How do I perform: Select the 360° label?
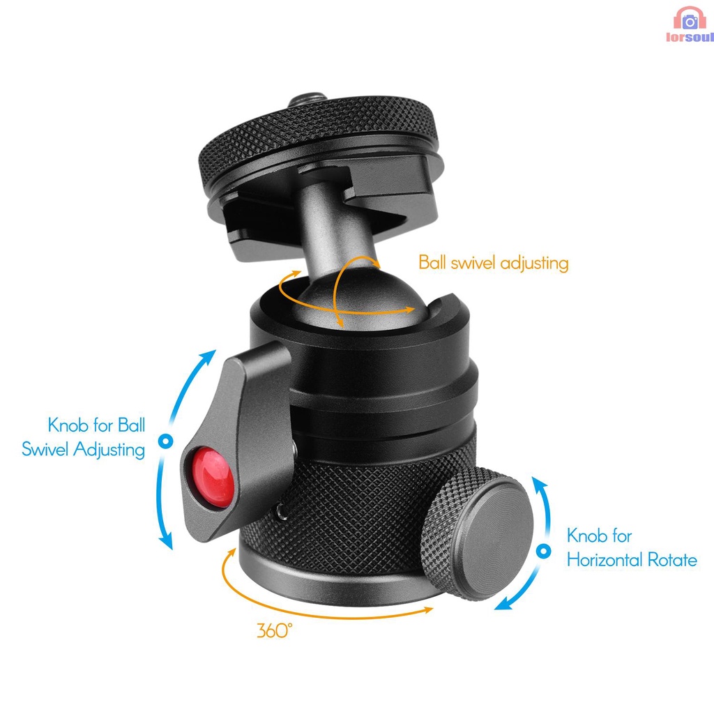(274, 631)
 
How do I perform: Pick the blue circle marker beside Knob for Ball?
(165, 441)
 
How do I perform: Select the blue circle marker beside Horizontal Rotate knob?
(543, 552)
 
